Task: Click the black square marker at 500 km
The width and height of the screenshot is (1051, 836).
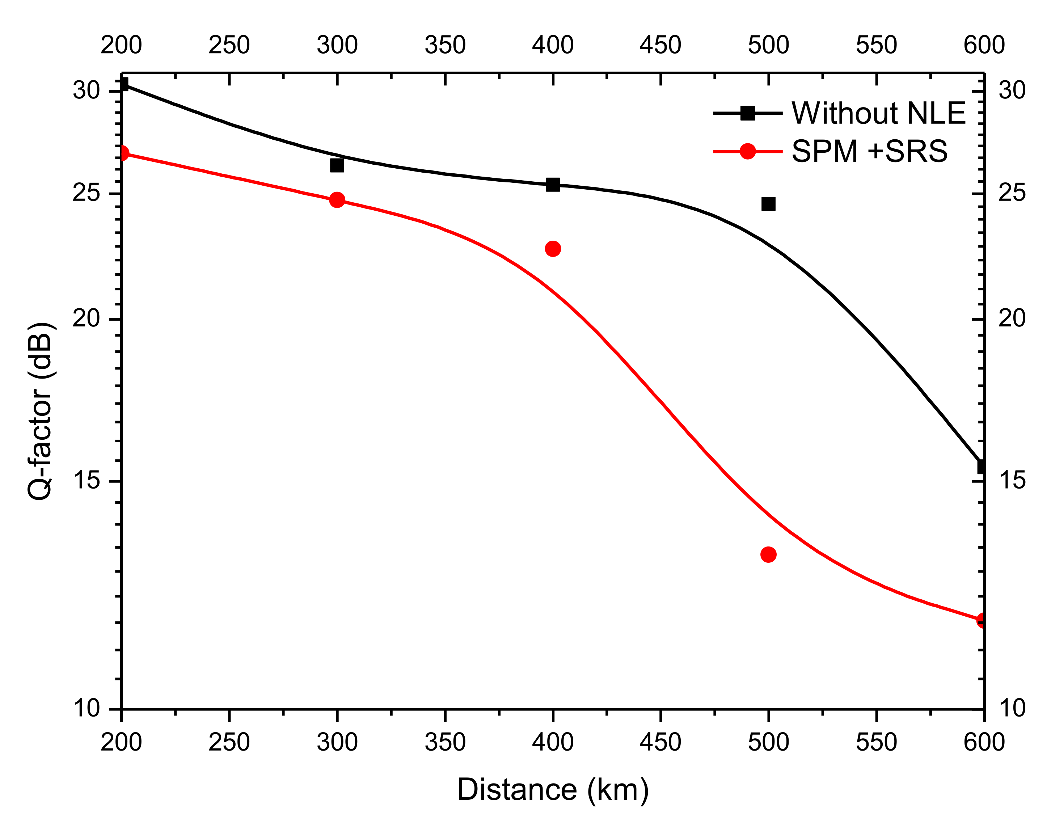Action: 768,204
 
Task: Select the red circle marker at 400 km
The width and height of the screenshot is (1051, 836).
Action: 553,249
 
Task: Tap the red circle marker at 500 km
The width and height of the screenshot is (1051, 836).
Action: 768,554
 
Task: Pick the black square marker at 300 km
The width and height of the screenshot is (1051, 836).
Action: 337,165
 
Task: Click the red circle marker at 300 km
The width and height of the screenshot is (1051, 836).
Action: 337,200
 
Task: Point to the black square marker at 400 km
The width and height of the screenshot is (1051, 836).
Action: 553,184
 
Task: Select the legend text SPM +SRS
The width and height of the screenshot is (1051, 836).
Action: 869,151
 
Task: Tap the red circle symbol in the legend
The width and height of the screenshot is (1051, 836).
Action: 747,151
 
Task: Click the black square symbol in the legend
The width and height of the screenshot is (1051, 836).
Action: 747,113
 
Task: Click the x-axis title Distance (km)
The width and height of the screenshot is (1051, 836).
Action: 553,790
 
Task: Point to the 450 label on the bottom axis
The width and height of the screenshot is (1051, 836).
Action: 660,742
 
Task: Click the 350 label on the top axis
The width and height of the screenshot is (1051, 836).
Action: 445,45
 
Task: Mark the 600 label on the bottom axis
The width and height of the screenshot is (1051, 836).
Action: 984,742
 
